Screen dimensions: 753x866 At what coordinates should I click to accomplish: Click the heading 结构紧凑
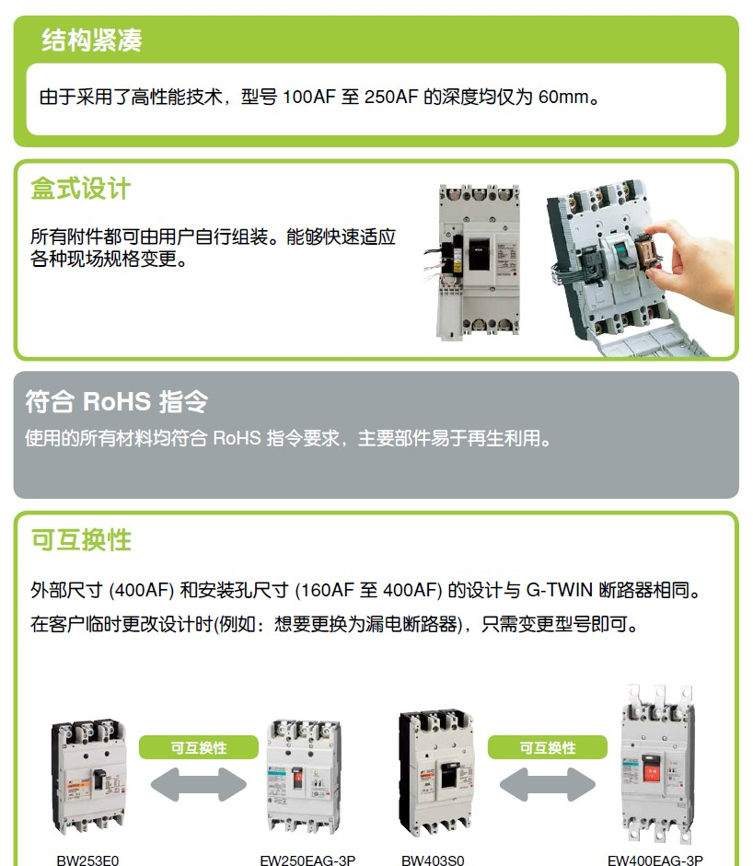click(x=92, y=40)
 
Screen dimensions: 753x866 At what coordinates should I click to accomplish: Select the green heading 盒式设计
click(x=81, y=189)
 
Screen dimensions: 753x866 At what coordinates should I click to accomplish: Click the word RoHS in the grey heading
click(x=117, y=401)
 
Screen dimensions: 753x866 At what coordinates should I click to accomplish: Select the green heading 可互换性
click(x=81, y=539)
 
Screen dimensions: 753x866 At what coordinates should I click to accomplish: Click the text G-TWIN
click(x=559, y=590)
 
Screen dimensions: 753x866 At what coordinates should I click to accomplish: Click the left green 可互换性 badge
click(x=199, y=747)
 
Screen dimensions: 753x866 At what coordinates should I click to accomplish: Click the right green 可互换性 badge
click(x=548, y=747)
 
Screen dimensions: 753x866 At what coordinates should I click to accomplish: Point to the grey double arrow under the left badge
click(x=199, y=784)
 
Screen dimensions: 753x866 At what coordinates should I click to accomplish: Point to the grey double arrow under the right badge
click(x=548, y=784)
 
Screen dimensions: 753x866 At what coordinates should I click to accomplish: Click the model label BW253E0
click(x=87, y=860)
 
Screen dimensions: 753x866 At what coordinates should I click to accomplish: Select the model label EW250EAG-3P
click(x=307, y=860)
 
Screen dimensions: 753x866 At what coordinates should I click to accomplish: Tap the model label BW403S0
click(x=433, y=860)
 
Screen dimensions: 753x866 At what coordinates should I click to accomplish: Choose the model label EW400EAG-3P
click(x=655, y=860)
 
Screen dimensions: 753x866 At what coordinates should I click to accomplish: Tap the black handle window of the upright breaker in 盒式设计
click(x=479, y=255)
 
